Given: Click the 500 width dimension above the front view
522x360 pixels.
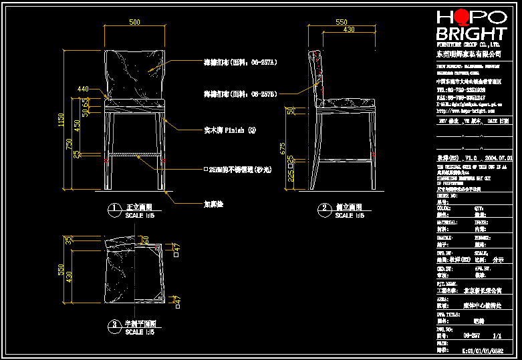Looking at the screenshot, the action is (x=134, y=23).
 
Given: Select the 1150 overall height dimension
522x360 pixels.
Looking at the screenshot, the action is (x=61, y=120).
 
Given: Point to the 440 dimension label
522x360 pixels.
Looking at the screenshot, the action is (x=83, y=89).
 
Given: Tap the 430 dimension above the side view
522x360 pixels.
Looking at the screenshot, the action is (x=348, y=30).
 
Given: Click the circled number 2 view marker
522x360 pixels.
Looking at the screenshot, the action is (x=325, y=208).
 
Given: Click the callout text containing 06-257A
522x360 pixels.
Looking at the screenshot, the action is (x=240, y=62).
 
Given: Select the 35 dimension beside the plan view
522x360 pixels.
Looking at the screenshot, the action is (x=68, y=240).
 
